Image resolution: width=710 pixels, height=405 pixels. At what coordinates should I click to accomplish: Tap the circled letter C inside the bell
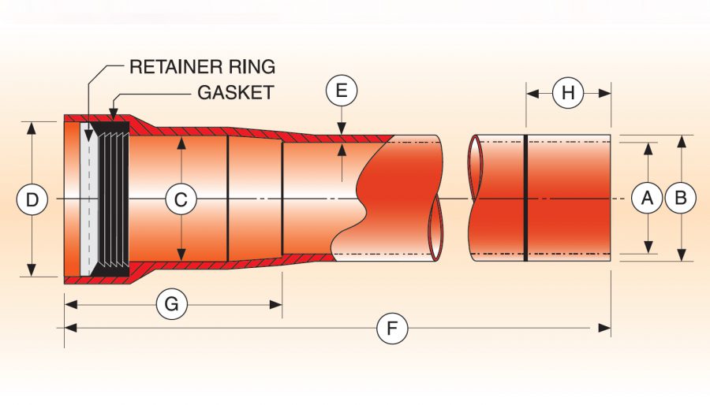(181, 200)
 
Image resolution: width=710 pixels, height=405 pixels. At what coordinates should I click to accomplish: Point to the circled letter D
(32, 200)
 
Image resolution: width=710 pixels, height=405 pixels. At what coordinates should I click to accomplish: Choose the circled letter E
(341, 91)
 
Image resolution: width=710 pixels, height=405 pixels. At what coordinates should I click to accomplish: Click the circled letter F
(392, 328)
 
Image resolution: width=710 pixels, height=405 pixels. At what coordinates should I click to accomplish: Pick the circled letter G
(171, 303)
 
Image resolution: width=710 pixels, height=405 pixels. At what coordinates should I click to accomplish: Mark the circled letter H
(568, 93)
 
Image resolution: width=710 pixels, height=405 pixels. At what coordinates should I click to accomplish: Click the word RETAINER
(170, 66)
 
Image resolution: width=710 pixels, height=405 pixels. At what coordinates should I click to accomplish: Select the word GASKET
(236, 92)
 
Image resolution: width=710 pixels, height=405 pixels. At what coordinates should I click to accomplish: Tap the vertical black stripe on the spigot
(526, 199)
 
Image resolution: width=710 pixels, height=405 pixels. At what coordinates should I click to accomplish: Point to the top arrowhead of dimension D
(32, 126)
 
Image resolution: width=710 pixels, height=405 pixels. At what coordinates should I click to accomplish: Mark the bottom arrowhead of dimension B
(680, 256)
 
